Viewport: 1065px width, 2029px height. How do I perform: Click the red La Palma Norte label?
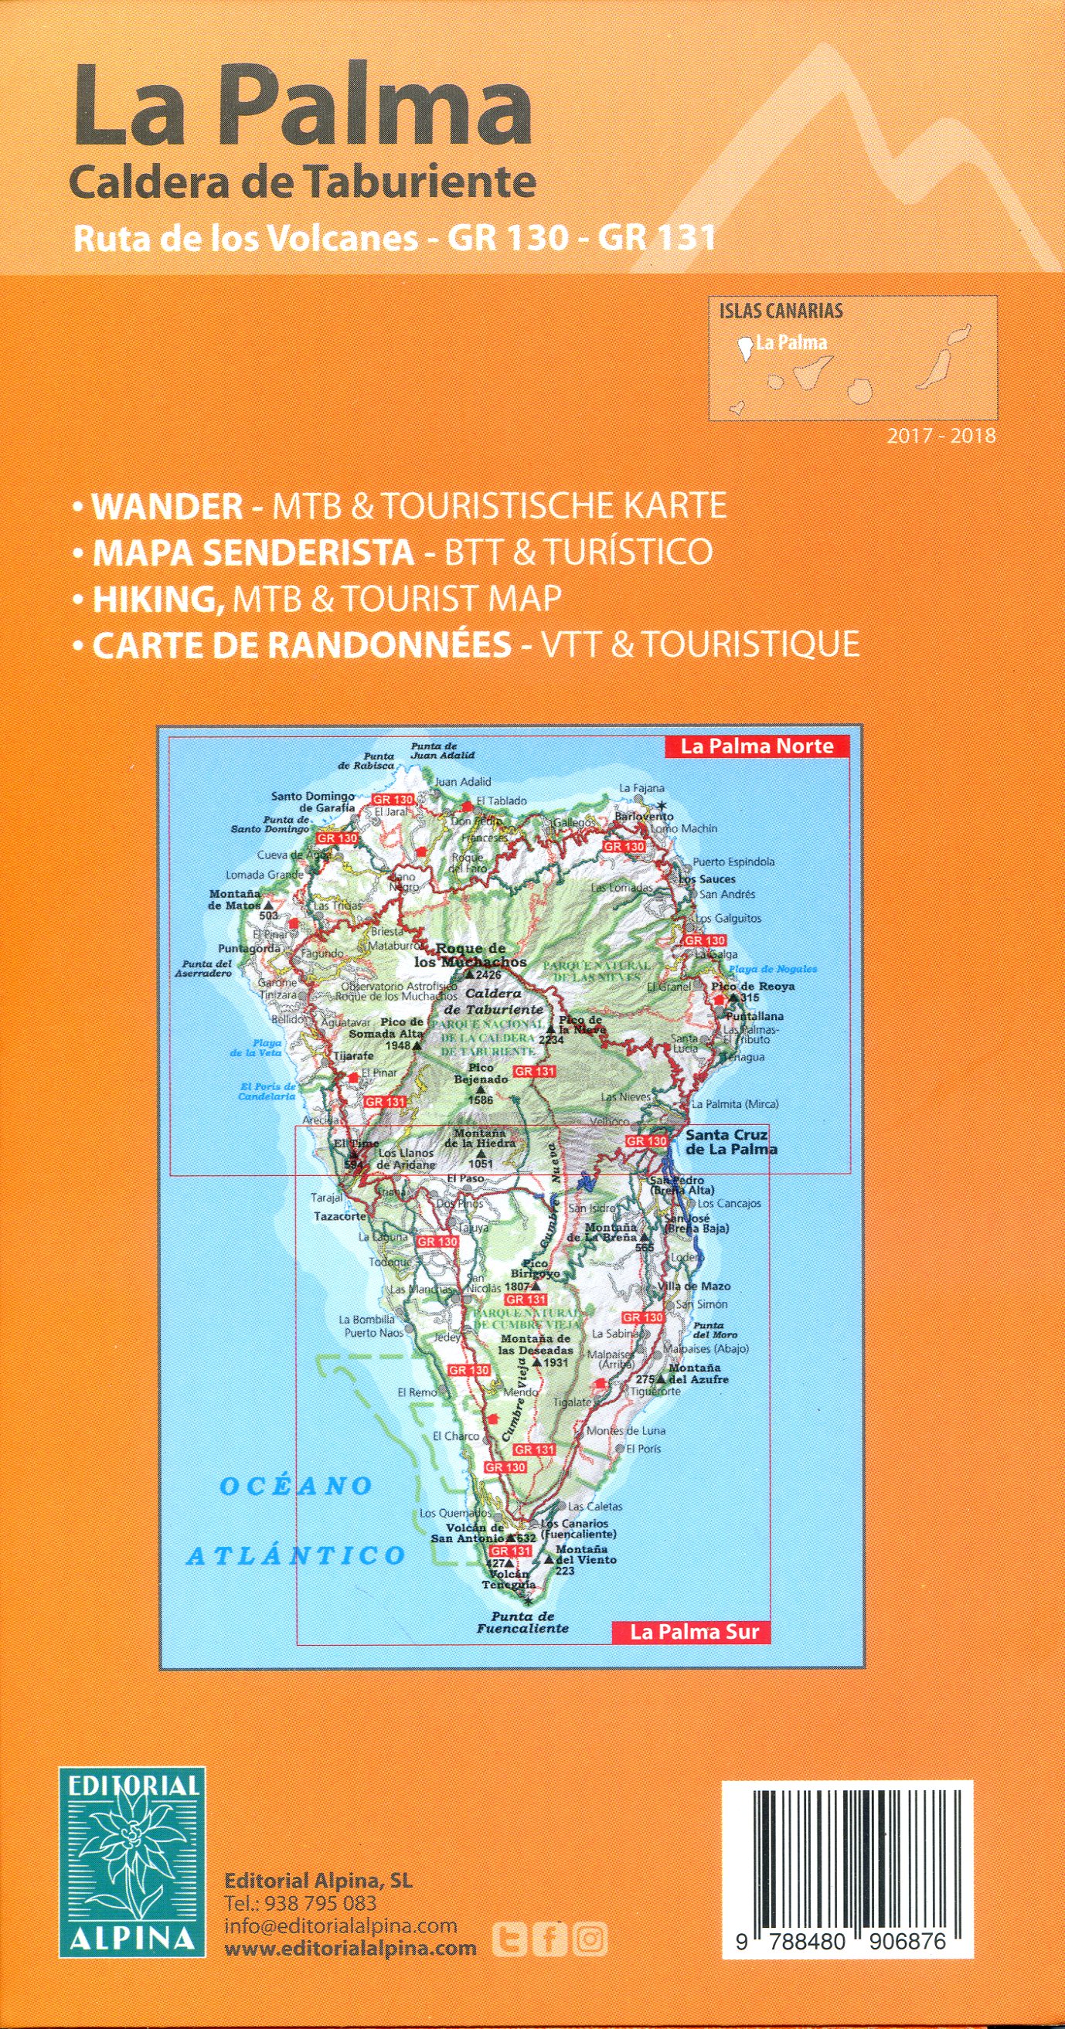pyautogui.click(x=756, y=746)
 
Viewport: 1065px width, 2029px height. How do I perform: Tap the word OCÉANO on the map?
pyautogui.click(x=296, y=1486)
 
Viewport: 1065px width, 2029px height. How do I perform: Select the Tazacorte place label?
pyautogui.click(x=340, y=1216)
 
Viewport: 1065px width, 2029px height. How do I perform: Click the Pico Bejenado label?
pyautogui.click(x=475, y=1073)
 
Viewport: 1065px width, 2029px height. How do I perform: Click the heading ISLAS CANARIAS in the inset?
pyautogui.click(x=780, y=311)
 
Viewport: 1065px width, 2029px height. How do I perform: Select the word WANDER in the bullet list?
pyautogui.click(x=168, y=505)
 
